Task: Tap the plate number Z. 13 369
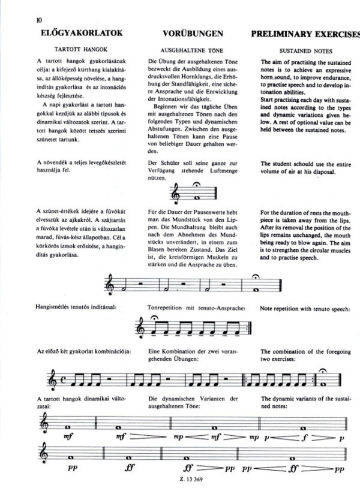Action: tap(188, 488)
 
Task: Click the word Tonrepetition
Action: tap(170, 309)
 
